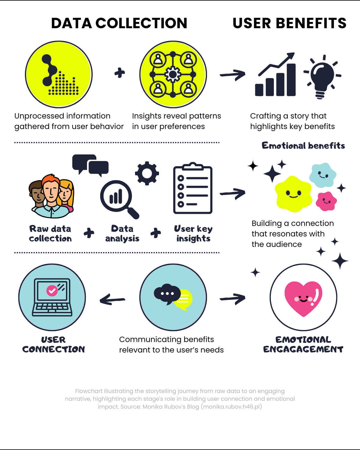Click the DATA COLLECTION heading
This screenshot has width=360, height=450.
pos(119,23)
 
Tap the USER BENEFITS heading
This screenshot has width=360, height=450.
pos(289,23)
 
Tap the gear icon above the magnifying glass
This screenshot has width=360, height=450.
pos(147,173)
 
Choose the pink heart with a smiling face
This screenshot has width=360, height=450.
pos(303,298)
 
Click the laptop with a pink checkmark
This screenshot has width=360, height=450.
pos(52,297)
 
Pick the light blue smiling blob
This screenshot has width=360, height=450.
pos(322,175)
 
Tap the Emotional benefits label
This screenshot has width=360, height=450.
pos(303,146)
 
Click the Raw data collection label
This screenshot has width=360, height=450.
pos(50,234)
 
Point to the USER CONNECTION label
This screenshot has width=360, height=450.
pos(53,344)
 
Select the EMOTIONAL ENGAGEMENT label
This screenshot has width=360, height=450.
pos(303,344)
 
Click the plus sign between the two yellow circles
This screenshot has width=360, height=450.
pos(119,73)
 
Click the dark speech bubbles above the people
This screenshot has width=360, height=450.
pos(90,164)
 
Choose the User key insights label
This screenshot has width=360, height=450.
pos(193,234)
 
